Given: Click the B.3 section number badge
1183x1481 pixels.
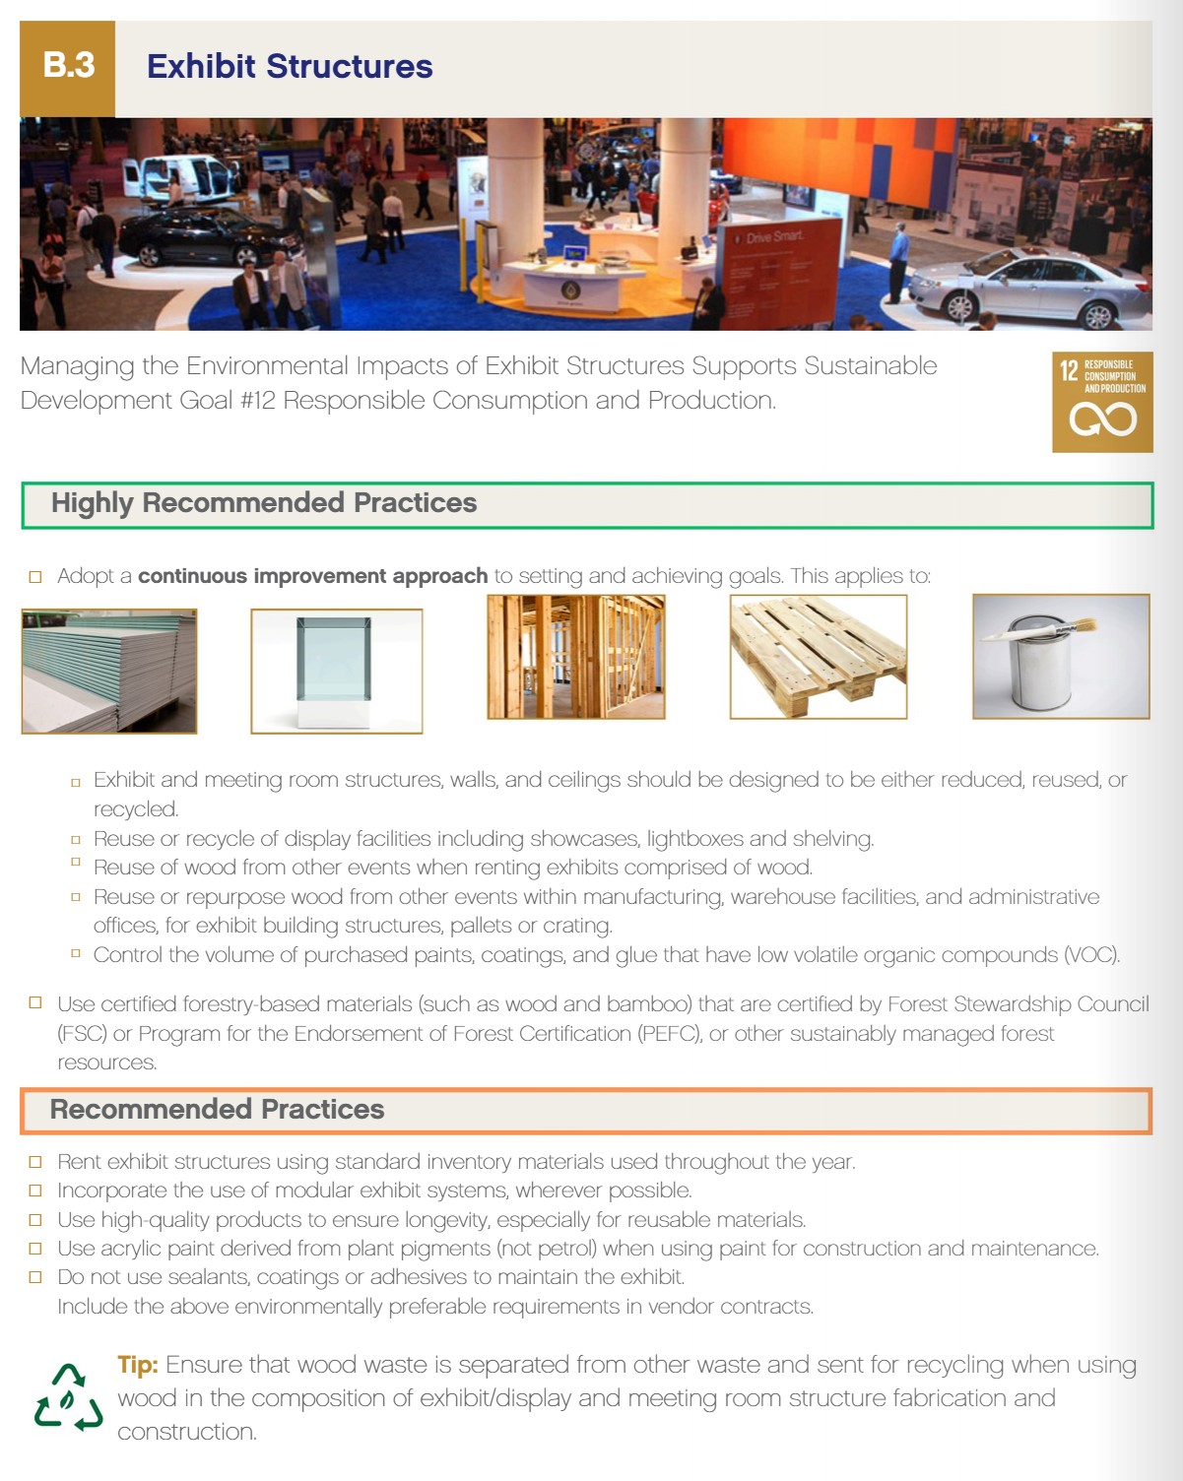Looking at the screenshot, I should point(68,67).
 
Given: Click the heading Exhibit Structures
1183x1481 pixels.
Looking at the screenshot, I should point(290,67).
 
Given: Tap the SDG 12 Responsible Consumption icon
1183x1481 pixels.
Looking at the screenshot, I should point(1101,402).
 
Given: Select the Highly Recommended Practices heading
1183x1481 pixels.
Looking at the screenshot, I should point(263,503).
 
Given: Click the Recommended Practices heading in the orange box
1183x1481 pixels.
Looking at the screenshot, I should point(217,1110).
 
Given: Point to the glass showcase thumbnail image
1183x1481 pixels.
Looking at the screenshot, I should point(336,671).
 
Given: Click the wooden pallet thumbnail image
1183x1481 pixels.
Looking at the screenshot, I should point(818,657).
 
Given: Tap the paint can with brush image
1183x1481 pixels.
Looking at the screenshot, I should point(1060,656).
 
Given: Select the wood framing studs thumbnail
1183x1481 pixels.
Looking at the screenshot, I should point(575,657).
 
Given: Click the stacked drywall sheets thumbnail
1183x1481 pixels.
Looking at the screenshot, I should point(108,671).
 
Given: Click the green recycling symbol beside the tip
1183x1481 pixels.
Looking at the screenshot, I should point(68,1397).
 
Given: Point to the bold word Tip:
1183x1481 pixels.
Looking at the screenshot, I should point(138,1365).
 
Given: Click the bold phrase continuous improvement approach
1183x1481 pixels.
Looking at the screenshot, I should point(312,576).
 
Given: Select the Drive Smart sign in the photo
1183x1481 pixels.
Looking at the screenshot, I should point(773,237).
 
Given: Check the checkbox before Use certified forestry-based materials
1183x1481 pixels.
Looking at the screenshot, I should point(35,1003).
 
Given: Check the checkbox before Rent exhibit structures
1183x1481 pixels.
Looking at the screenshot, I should point(35,1162).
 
